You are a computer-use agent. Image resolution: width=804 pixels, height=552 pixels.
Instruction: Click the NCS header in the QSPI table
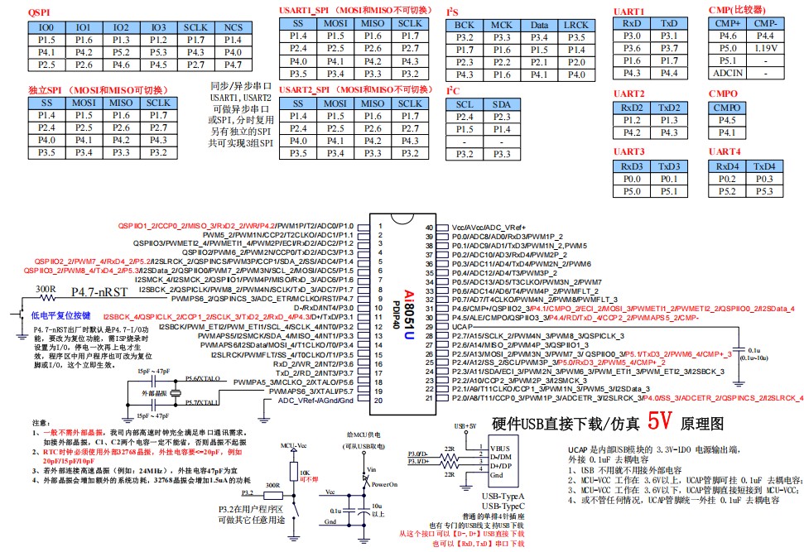(x=233, y=27)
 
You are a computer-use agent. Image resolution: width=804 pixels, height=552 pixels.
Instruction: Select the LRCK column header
(x=576, y=26)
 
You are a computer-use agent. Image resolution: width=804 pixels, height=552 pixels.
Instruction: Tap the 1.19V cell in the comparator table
(x=766, y=48)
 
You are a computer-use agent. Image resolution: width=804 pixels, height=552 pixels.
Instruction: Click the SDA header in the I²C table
(x=502, y=104)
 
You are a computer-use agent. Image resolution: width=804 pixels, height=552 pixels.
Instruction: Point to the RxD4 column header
(x=727, y=166)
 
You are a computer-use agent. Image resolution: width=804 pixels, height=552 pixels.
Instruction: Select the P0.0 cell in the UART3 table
(x=633, y=179)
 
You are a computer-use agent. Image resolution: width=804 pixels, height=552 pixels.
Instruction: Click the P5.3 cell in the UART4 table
(x=765, y=191)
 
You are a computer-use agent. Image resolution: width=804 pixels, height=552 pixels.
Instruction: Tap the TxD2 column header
(x=670, y=108)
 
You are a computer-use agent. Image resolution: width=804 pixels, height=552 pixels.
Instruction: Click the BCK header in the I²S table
(x=465, y=26)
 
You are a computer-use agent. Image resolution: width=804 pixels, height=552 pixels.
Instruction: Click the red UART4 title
(x=725, y=152)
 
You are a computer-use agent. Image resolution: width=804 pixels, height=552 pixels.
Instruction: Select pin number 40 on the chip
(x=429, y=227)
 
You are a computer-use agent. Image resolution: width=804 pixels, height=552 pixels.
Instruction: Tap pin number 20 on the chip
(x=378, y=401)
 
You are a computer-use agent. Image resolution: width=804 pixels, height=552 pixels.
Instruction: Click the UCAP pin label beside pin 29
(x=465, y=328)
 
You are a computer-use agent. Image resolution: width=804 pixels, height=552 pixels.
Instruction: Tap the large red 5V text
(x=660, y=422)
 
